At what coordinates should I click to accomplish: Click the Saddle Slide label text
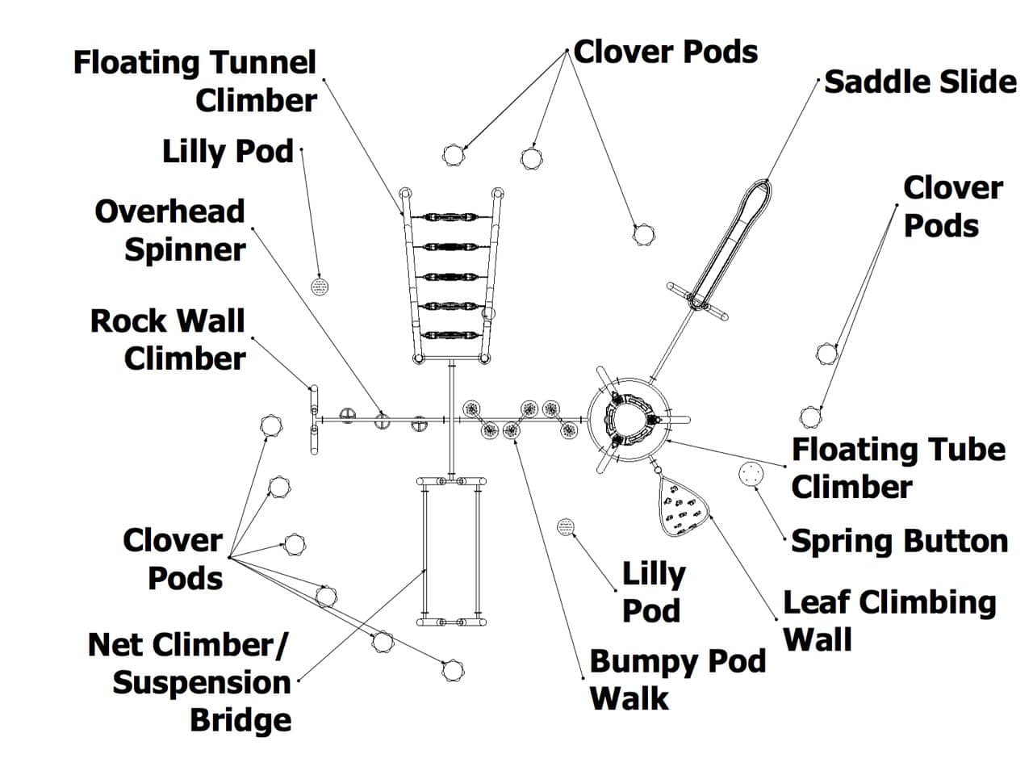tap(919, 82)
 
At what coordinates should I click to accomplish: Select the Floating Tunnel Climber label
tap(195, 82)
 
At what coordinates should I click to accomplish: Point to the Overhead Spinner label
tap(170, 230)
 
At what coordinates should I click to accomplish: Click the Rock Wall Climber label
tap(168, 340)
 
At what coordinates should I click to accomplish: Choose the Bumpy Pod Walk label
tap(676, 679)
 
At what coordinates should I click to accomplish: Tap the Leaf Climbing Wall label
tap(889, 621)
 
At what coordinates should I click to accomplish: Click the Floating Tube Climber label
tap(897, 468)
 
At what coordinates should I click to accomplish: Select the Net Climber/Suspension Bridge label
tap(191, 682)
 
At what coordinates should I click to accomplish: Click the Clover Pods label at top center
tap(666, 52)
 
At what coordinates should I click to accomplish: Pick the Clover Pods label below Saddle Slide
tap(951, 207)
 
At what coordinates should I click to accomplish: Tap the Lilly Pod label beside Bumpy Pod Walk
tap(653, 592)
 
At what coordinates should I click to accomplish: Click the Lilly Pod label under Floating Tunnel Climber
tap(228, 152)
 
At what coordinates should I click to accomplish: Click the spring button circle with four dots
tap(751, 475)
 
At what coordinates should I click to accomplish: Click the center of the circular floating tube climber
tap(629, 420)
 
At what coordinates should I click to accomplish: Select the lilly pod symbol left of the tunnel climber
tap(321, 287)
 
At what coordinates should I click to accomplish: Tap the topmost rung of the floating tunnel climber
tap(450, 217)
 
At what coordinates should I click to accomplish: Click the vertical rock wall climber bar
tap(314, 420)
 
